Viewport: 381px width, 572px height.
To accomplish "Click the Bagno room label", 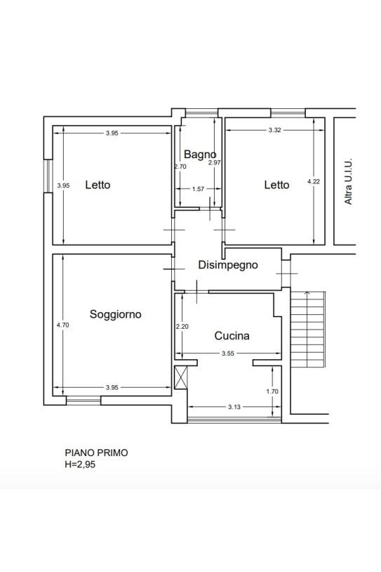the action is (200, 155).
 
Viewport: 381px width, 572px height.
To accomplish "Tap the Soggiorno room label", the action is (116, 314).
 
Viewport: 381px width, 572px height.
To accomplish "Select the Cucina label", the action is (232, 336).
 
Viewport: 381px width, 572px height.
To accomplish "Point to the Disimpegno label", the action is (228, 265).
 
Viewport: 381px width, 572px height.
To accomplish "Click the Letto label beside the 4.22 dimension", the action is (277, 185).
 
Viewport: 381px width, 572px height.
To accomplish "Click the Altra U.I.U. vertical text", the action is (349, 181).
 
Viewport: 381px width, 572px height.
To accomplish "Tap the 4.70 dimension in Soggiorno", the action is (62, 325).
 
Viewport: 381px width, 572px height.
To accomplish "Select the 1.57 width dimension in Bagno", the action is (198, 189).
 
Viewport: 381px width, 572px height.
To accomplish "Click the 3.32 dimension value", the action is (274, 130).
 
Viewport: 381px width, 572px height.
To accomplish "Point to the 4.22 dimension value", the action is (314, 181).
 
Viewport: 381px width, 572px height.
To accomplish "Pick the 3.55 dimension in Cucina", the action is (228, 353).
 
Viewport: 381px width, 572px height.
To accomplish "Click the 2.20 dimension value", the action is (182, 327).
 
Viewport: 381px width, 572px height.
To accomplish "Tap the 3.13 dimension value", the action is (234, 407).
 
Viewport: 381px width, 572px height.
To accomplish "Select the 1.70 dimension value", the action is (272, 391).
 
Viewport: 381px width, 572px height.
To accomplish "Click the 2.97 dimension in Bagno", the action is (215, 163).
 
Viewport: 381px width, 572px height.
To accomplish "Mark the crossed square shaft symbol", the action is (181, 377).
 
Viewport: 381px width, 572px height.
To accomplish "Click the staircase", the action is (308, 330).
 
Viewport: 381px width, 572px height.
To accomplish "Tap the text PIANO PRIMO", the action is (97, 453).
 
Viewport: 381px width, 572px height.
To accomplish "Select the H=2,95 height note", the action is (80, 464).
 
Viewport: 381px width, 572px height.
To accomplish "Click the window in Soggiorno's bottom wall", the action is (83, 401).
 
